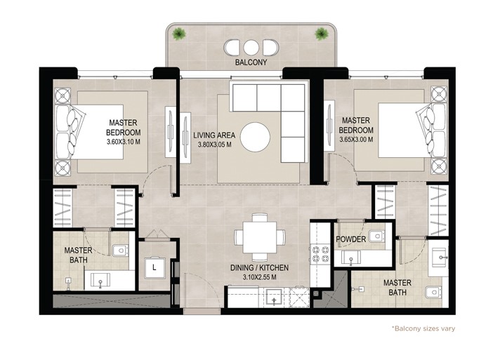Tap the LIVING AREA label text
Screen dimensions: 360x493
(214, 135)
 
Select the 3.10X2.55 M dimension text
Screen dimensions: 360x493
(259, 277)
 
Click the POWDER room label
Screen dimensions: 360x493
(351, 239)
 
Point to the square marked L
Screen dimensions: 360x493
(153, 267)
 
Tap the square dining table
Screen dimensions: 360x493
(260, 236)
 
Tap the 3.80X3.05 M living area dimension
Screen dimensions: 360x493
(214, 145)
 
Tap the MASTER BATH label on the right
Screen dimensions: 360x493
(397, 288)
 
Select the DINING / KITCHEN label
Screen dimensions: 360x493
(259, 267)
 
